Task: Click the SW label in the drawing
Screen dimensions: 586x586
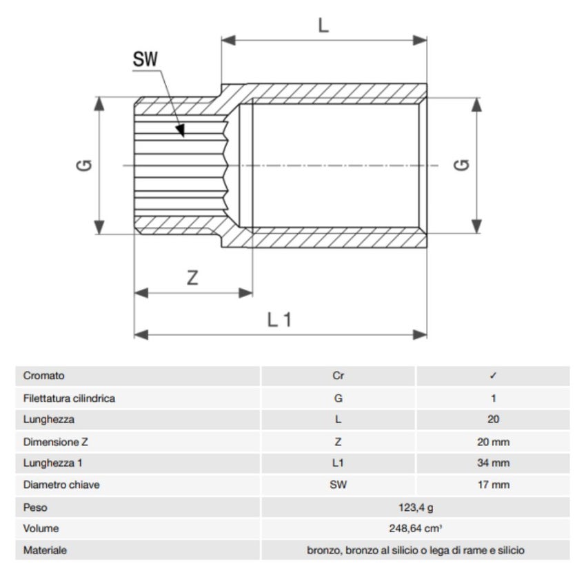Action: [145, 60]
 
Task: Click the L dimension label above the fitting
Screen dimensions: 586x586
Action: [324, 26]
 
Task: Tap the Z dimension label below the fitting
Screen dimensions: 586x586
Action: [193, 278]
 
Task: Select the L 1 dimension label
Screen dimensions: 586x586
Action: [280, 319]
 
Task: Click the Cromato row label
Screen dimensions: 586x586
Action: [43, 376]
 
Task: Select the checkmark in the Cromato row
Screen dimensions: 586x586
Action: [493, 376]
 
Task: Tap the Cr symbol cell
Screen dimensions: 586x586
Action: [338, 376]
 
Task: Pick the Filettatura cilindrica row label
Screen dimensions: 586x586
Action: [69, 398]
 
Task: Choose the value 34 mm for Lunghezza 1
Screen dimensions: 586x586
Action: [493, 463]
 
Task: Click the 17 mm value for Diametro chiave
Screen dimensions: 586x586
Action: [493, 485]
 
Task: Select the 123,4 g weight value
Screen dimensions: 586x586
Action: [415, 507]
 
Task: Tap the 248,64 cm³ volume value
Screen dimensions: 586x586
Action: [415, 529]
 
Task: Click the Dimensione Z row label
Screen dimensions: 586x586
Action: [56, 441]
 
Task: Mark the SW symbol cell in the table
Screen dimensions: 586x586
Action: [338, 485]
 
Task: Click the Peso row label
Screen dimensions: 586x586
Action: [35, 507]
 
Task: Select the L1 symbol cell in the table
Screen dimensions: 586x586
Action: [338, 463]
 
